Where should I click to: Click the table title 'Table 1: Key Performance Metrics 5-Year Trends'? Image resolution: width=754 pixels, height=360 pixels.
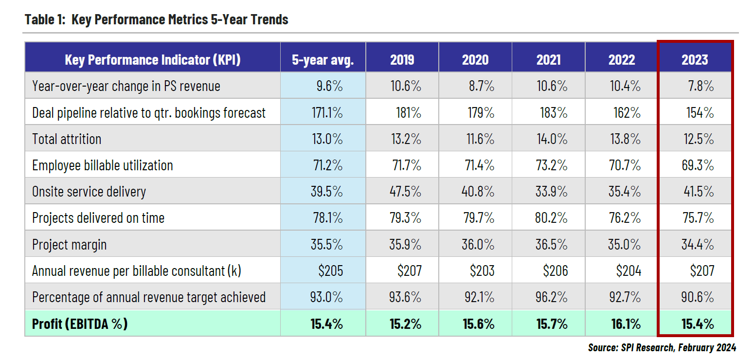pos(156,19)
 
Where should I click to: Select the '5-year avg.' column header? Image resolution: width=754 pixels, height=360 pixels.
pos(323,59)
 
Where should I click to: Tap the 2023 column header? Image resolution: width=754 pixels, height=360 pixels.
pos(694,59)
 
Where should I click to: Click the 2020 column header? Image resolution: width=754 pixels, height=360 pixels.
pos(475,59)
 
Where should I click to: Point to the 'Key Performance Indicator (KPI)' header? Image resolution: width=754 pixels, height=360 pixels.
pos(152,59)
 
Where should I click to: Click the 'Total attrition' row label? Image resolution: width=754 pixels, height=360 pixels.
pos(67,139)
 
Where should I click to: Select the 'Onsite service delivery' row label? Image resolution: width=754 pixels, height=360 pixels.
pos(89,192)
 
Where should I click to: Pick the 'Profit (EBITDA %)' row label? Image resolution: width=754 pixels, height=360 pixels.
pos(80,324)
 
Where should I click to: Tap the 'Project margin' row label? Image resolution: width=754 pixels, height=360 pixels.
pos(69,245)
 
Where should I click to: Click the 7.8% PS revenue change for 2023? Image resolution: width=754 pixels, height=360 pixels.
pos(700,86)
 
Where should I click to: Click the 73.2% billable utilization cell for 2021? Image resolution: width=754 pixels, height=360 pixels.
pos(551,165)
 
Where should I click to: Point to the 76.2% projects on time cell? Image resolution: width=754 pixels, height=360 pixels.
pos(624,218)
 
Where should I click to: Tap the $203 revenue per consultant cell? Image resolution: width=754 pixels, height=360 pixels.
pos(482,271)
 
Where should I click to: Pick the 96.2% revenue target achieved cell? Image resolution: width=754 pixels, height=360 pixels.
pos(551,297)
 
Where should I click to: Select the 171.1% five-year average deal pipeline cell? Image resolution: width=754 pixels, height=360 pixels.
pos(327,113)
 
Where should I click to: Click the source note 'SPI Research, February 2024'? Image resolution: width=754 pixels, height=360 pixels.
pos(662,347)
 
